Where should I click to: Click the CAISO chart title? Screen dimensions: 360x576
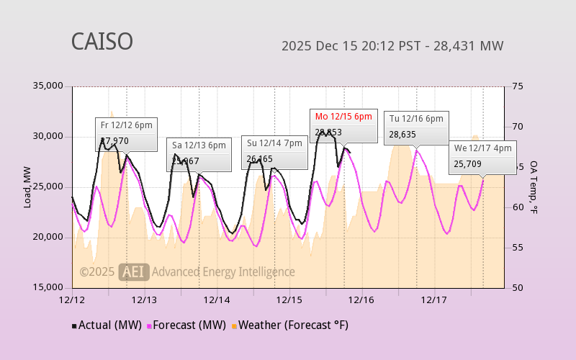[x=102, y=42]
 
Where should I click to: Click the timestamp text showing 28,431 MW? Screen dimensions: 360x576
[x=392, y=46]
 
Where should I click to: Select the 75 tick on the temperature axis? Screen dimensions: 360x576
[x=516, y=86]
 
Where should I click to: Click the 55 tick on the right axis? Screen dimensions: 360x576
[x=516, y=248]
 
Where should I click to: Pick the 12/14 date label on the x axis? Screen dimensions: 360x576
[x=217, y=300]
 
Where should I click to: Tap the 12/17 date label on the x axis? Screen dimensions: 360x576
[x=434, y=300]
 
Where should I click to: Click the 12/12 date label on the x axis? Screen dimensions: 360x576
[x=72, y=300]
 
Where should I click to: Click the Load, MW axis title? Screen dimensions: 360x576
[x=27, y=187]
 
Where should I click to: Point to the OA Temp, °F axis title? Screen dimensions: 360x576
[x=534, y=187]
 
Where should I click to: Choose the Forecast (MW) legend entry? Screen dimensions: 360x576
[x=187, y=325]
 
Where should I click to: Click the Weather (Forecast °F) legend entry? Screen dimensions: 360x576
[x=289, y=325]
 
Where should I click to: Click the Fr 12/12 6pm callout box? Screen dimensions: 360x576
[x=126, y=133]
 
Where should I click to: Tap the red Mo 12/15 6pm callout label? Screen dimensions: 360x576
[x=343, y=117]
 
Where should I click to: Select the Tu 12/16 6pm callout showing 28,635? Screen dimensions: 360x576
[x=416, y=127]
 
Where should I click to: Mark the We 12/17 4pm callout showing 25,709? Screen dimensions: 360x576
[x=482, y=156]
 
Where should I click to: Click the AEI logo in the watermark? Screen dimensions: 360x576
[x=134, y=271]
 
